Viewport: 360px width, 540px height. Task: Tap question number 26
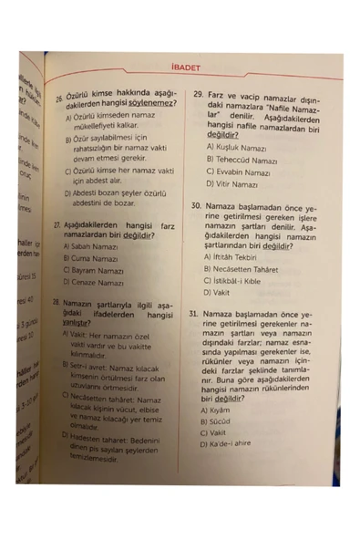pos(57,96)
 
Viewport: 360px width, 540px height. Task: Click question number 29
pos(197,94)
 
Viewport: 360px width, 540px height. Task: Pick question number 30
pos(196,207)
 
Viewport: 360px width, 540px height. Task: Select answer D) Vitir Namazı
pos(232,184)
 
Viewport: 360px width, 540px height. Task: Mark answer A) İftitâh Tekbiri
pos(234,257)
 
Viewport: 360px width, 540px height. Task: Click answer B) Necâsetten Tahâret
pos(245,270)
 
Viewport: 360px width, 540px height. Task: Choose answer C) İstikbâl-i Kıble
pos(240,282)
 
